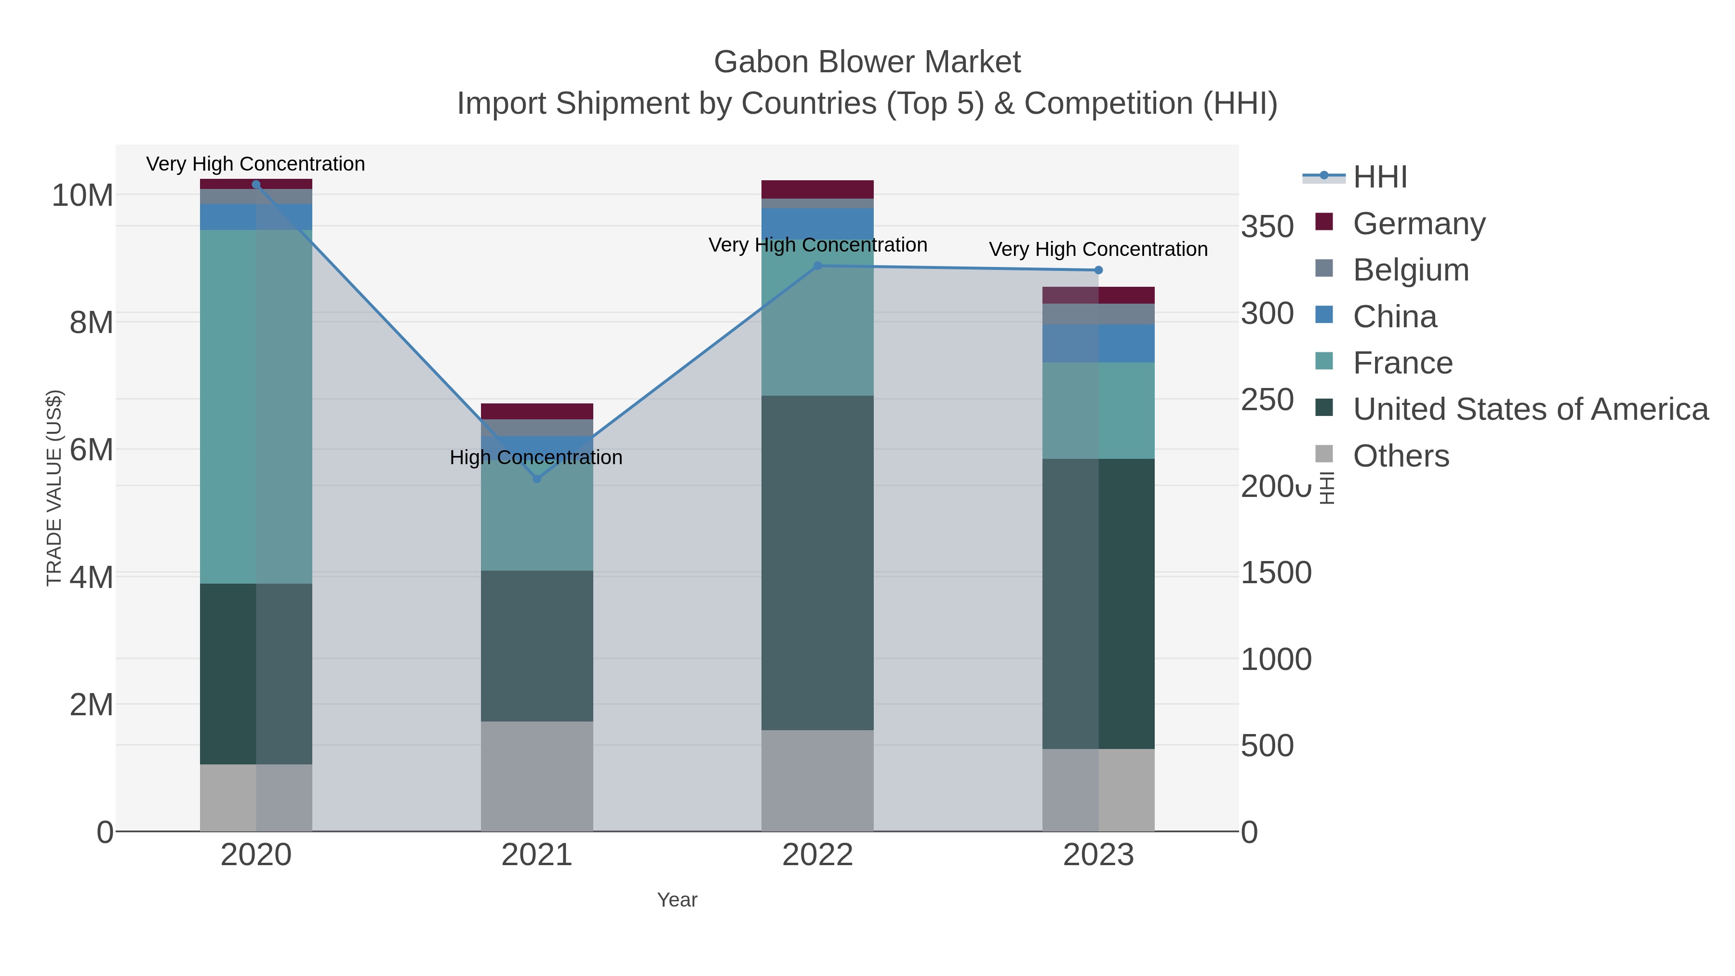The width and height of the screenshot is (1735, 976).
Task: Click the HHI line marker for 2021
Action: [537, 479]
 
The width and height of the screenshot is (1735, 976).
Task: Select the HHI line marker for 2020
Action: [256, 185]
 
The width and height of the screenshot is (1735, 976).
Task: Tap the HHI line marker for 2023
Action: [1098, 270]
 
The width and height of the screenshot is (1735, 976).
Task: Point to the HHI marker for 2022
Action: [818, 266]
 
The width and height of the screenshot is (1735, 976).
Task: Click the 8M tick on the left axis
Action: [91, 322]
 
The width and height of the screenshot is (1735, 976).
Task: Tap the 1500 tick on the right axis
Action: [1276, 573]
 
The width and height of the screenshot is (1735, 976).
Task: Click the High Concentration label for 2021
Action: [536, 457]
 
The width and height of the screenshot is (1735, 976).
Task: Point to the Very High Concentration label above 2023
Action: [1098, 249]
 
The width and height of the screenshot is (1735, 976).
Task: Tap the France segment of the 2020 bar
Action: [256, 406]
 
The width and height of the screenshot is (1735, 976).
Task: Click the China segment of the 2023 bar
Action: [1098, 344]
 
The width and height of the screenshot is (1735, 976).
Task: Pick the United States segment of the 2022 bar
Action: [818, 562]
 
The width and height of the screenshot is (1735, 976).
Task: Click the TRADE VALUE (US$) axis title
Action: [54, 488]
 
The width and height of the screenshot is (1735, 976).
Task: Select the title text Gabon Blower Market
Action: [867, 62]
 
